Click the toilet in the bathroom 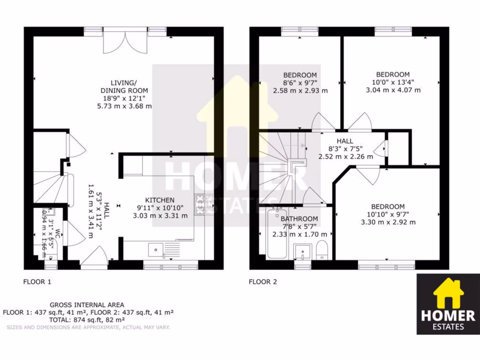point(322,249)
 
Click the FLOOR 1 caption point(37,282)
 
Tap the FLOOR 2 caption point(262,282)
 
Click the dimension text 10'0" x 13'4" point(393,82)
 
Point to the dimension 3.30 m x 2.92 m point(388,222)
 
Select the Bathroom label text point(300,219)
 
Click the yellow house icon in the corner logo point(447,293)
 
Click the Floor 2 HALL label point(345,141)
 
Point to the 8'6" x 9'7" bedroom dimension point(300,82)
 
